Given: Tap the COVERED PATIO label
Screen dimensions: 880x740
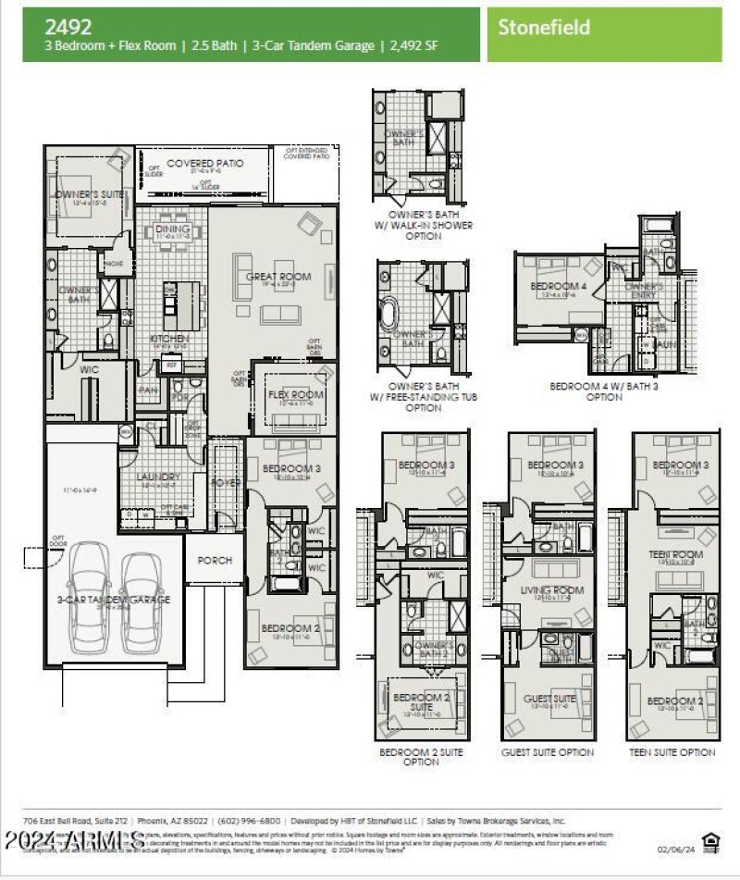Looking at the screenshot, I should pos(205,163).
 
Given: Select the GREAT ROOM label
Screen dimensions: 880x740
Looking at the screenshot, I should pos(278,277).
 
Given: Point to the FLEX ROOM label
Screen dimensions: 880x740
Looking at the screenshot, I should pos(296,395).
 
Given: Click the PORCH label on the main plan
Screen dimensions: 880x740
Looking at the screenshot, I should pos(215,561).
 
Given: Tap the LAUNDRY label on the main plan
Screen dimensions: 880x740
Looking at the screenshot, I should pos(158,477).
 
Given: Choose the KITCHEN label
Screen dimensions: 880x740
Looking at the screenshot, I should pos(169,339).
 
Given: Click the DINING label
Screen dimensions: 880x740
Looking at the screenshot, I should pos(173,229).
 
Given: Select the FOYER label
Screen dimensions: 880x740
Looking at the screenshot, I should pos(226,481).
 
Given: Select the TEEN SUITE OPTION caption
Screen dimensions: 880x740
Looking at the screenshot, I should pos(672,752).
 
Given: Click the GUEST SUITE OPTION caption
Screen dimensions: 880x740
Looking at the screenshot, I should pos(548,752).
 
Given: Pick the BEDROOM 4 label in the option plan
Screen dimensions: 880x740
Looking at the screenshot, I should pos(559,287).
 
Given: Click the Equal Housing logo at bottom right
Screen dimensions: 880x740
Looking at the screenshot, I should pos(710,841).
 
